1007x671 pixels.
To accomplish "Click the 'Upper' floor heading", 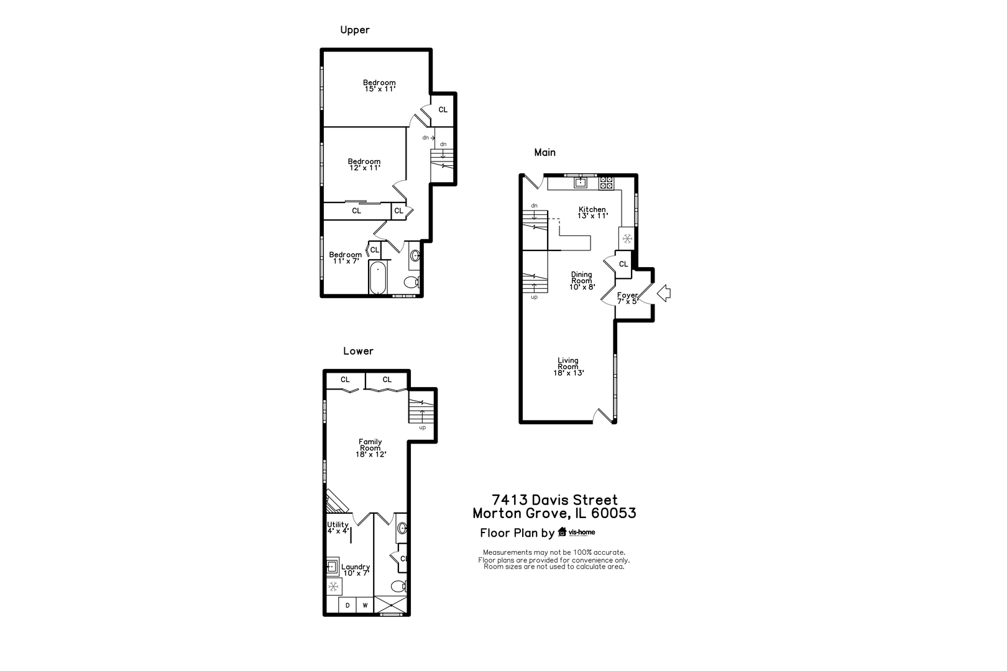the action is coord(355,30).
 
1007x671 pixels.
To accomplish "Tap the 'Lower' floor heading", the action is coord(358,351).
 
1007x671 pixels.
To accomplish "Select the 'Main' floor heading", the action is coord(545,152).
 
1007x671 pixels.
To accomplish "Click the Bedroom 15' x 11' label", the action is coord(379,86).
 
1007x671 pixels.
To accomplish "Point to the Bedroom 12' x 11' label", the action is coord(364,165).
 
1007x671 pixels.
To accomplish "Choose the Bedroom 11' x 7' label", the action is coord(345,257).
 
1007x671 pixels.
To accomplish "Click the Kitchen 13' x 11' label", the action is coord(592,212).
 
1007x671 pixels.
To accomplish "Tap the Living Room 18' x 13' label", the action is coord(568,367).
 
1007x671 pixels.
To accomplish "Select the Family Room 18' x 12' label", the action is coord(370,448).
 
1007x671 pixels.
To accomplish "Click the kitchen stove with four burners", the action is coord(606,183).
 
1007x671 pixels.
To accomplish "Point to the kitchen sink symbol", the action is coord(581,182).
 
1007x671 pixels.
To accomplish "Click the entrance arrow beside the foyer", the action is coord(664,294).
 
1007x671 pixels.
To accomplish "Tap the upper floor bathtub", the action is coord(378,277).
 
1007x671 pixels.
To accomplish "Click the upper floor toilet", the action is coord(412,282).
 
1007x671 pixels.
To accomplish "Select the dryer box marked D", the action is coord(347,605).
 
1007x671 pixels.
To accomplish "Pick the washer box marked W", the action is coord(365,605).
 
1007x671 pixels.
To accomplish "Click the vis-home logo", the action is coord(576,532).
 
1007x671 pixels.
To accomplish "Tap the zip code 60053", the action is coord(614,513).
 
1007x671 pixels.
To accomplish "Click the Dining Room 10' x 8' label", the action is coord(582,280).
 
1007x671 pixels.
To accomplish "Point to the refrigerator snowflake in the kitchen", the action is coord(627,239).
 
